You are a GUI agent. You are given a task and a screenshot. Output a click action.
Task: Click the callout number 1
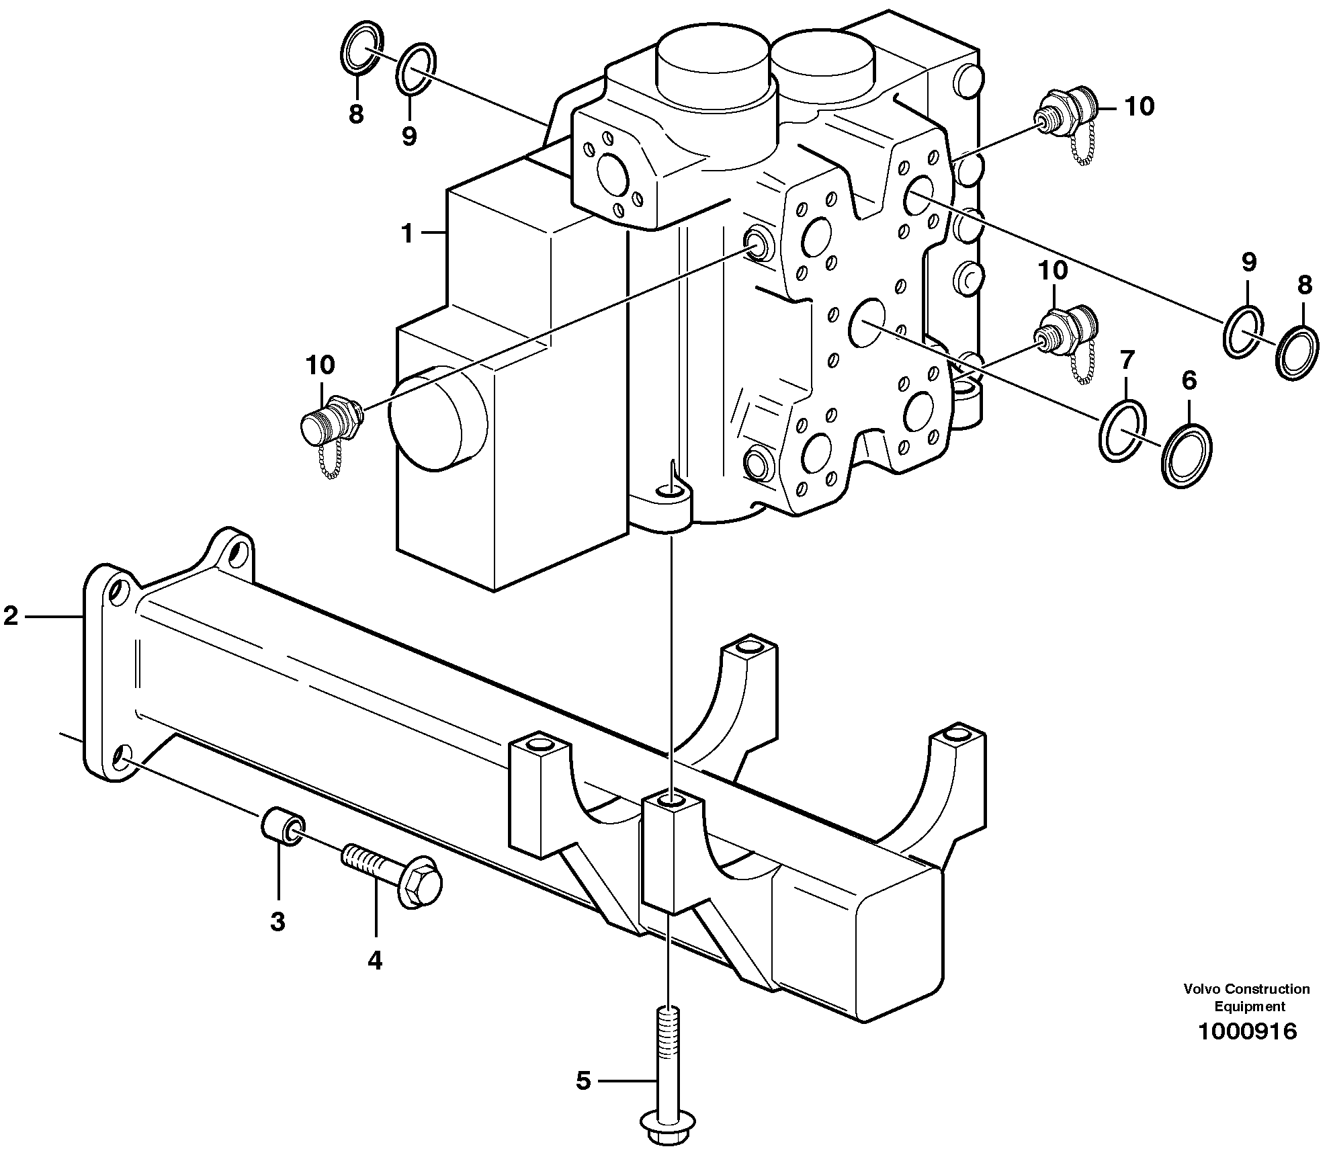click(406, 233)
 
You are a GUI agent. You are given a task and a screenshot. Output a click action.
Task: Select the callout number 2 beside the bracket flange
click(11, 615)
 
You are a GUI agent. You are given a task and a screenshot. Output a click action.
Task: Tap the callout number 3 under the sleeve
click(278, 921)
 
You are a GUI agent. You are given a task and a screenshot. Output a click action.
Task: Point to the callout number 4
click(374, 960)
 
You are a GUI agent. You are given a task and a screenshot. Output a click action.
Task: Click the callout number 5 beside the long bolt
click(583, 1081)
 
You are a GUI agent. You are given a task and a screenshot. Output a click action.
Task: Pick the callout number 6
click(1189, 381)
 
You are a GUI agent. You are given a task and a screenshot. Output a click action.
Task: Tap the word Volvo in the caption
click(1204, 988)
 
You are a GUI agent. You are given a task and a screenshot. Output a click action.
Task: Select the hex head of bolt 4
click(420, 882)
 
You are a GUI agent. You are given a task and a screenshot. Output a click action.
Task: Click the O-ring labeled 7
click(1123, 431)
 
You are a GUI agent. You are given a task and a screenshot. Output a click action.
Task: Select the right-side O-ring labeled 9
click(1242, 331)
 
